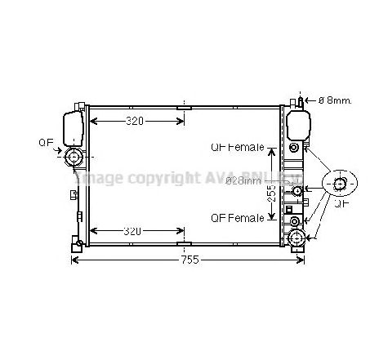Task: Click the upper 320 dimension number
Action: (135, 122)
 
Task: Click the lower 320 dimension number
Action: (135, 231)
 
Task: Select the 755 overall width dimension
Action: (190, 260)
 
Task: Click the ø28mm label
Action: (243, 180)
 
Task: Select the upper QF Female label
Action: (237, 148)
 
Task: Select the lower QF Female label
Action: (237, 218)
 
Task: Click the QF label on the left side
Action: (47, 142)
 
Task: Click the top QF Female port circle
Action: (294, 148)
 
